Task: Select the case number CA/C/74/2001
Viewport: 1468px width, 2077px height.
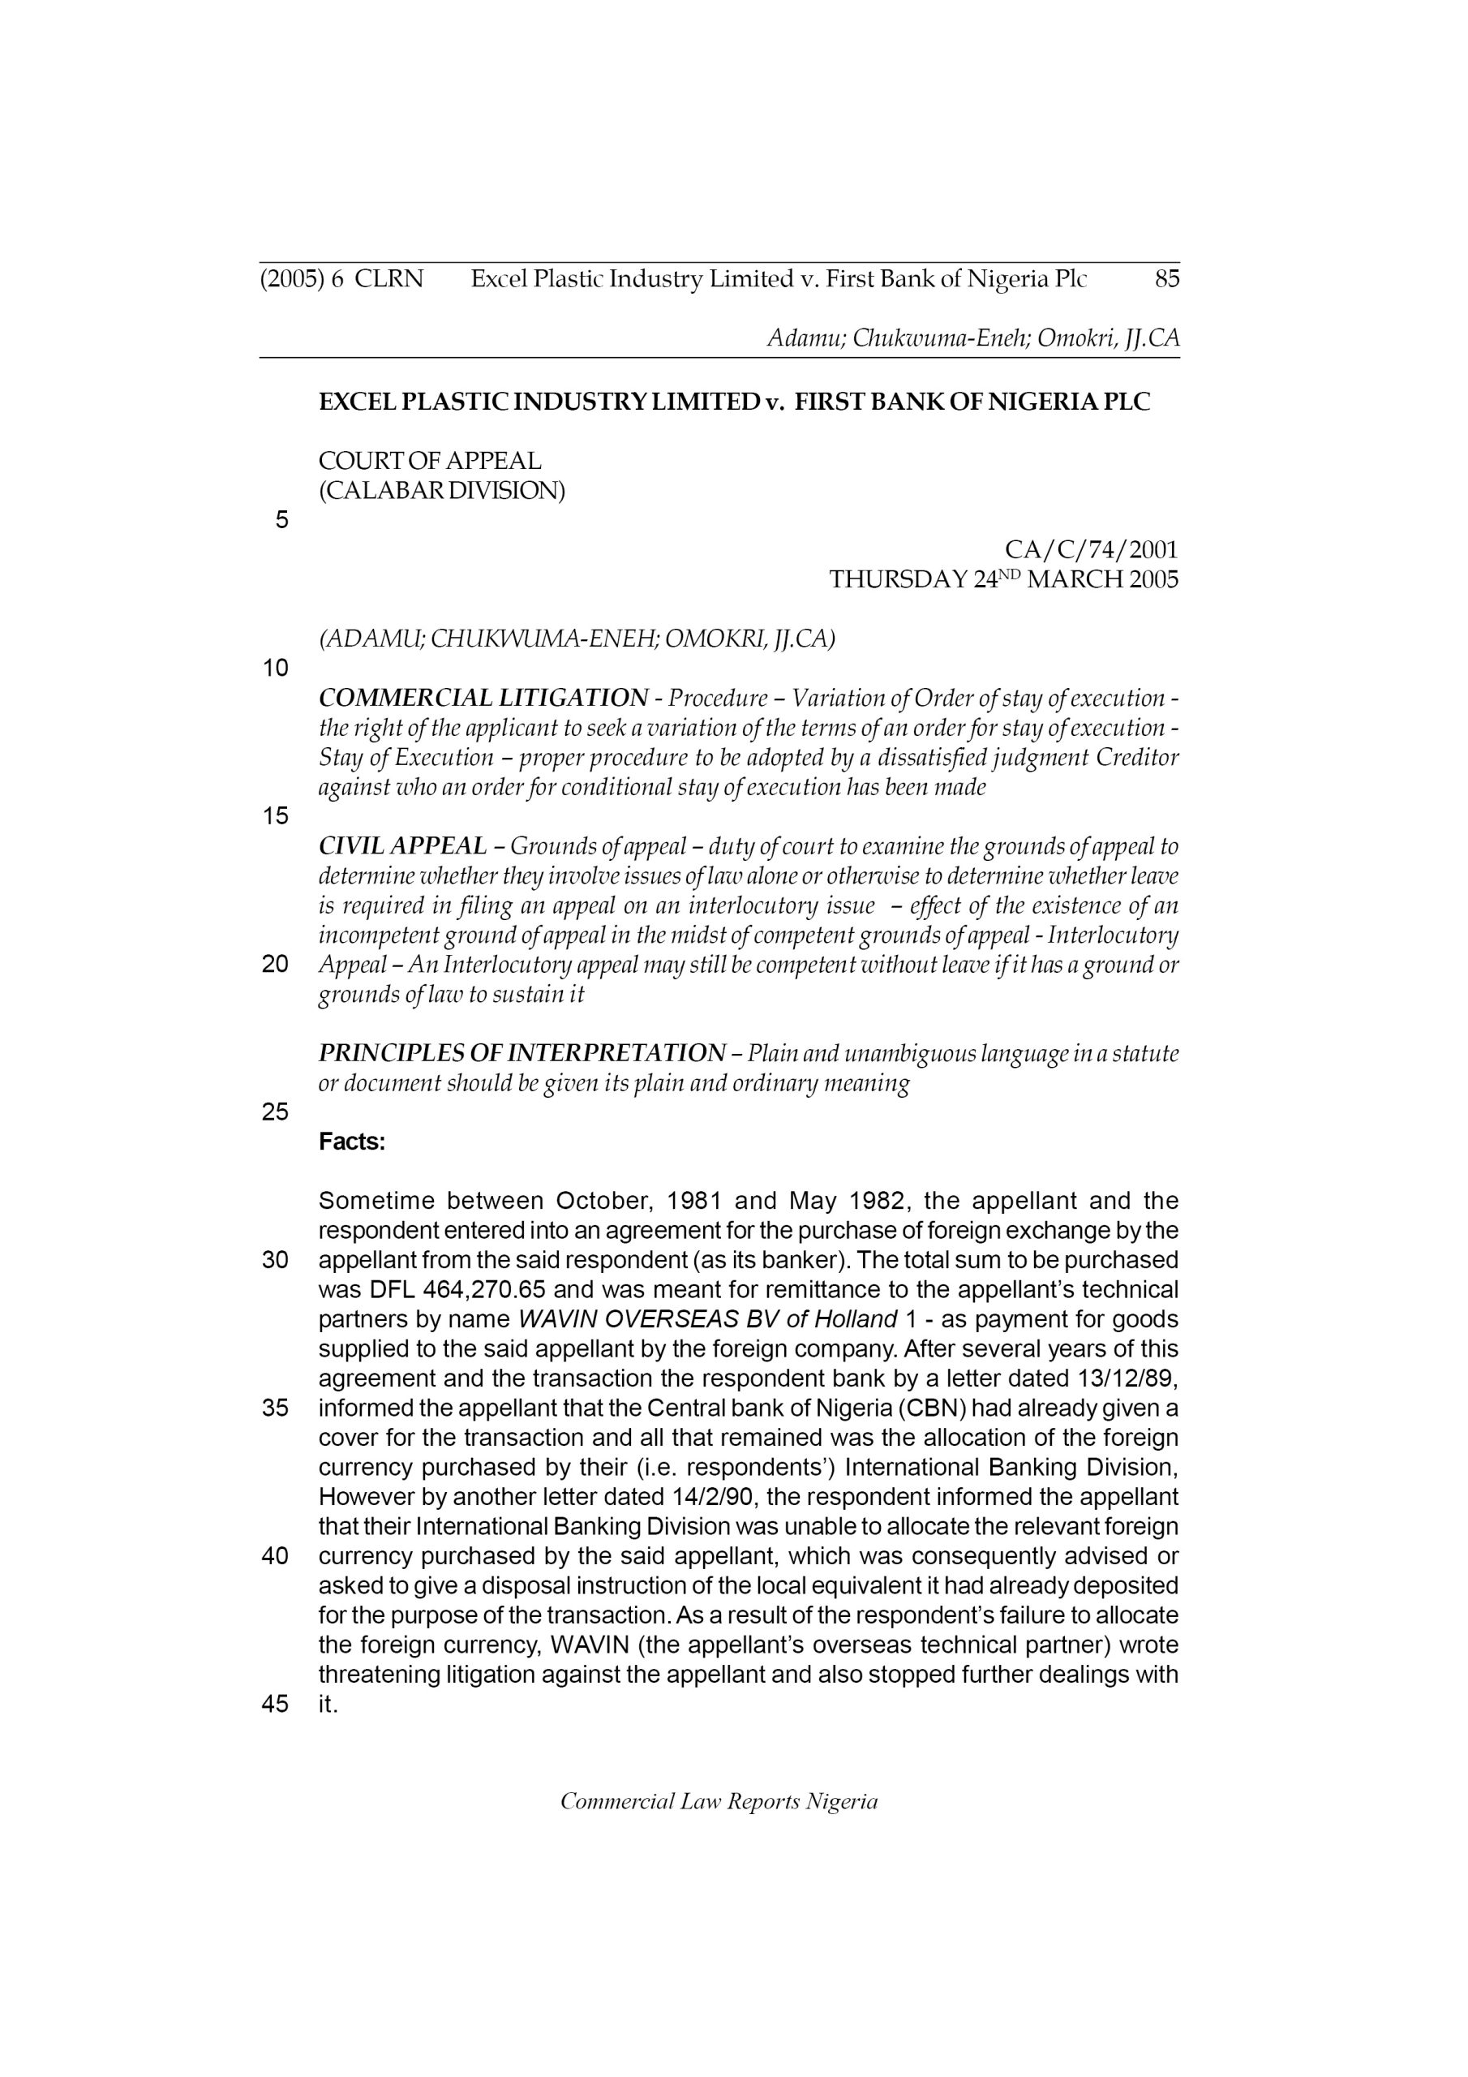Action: click(1091, 549)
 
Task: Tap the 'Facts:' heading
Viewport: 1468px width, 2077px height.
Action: click(352, 1142)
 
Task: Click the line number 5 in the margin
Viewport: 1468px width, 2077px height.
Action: click(281, 520)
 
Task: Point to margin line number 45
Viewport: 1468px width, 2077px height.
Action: click(275, 1705)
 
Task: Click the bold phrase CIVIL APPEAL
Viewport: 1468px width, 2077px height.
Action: click(402, 846)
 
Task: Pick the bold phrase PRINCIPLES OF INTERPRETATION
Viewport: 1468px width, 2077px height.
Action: click(522, 1053)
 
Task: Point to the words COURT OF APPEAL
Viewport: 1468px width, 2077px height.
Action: click(430, 461)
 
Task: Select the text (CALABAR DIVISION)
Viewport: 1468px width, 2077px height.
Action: click(441, 490)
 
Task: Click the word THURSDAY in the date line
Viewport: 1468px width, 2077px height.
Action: click(898, 580)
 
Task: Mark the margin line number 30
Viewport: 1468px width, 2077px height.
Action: click(275, 1260)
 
